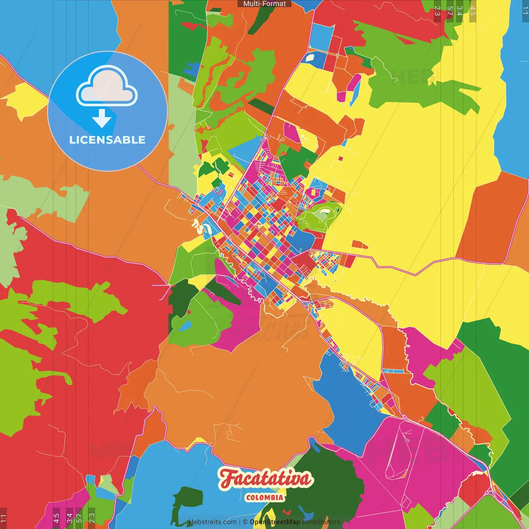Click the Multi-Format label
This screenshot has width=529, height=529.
point(264,4)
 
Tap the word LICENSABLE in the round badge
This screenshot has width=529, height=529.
point(107,140)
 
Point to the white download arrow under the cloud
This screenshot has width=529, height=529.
point(102,118)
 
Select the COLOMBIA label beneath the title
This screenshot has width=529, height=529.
point(264,498)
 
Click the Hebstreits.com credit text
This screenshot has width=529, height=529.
point(212,522)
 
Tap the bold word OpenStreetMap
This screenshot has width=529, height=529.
point(274,522)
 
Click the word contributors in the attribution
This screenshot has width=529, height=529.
point(321,522)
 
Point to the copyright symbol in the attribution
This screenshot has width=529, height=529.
point(245,522)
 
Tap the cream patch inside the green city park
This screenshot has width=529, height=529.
point(325,212)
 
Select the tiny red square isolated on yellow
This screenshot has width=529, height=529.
point(341,158)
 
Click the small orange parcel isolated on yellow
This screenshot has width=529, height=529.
point(359,245)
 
